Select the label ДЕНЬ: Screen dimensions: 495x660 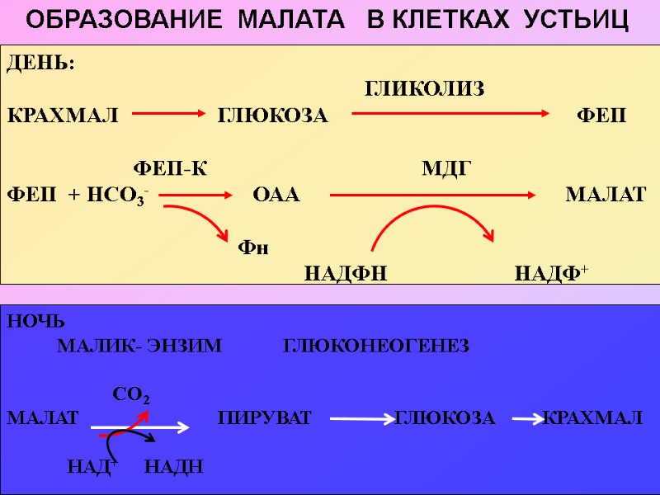(40, 64)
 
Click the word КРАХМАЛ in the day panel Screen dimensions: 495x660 (63, 114)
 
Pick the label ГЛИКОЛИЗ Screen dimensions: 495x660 (424, 89)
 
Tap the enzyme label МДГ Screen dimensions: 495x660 (445, 169)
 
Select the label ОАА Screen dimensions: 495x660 (276, 196)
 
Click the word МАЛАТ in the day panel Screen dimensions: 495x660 (606, 196)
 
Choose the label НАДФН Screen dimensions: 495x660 (346, 273)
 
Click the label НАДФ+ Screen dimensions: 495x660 (550, 273)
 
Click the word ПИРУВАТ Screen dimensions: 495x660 (265, 418)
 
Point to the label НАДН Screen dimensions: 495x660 (173, 468)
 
